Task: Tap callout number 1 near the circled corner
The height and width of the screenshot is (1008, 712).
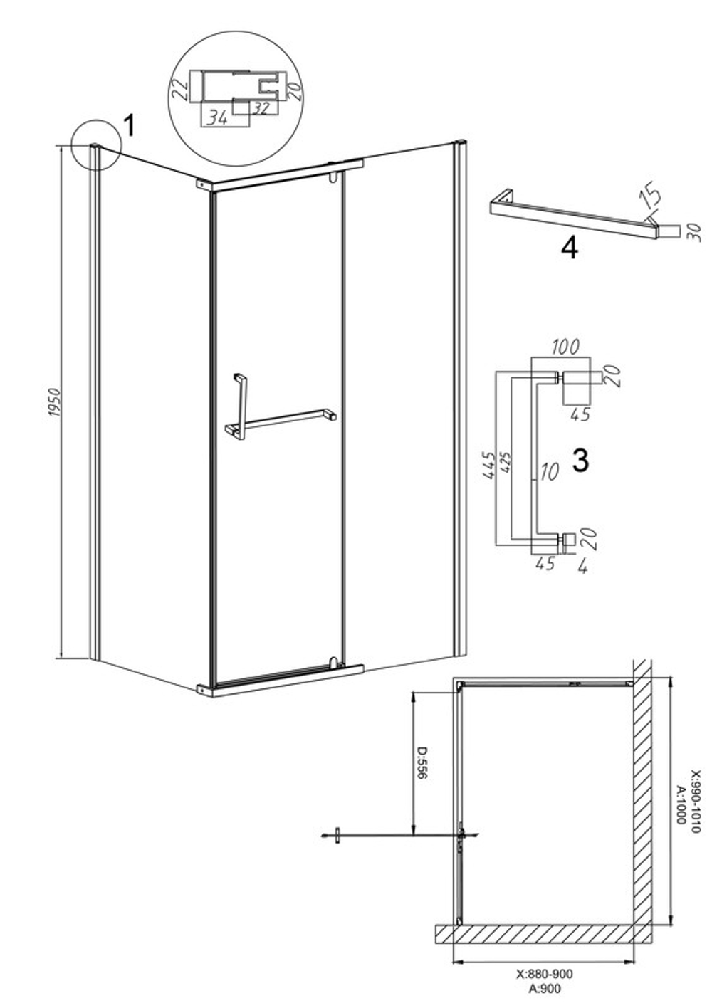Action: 129,125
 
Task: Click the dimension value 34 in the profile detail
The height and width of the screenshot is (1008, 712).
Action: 217,118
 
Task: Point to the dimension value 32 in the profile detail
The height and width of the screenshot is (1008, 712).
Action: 261,108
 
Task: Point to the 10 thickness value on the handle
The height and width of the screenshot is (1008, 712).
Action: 550,471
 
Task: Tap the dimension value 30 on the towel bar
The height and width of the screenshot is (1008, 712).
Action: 696,232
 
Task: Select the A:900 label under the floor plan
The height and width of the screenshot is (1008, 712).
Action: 545,997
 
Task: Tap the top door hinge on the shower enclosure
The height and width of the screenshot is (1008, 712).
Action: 333,177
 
